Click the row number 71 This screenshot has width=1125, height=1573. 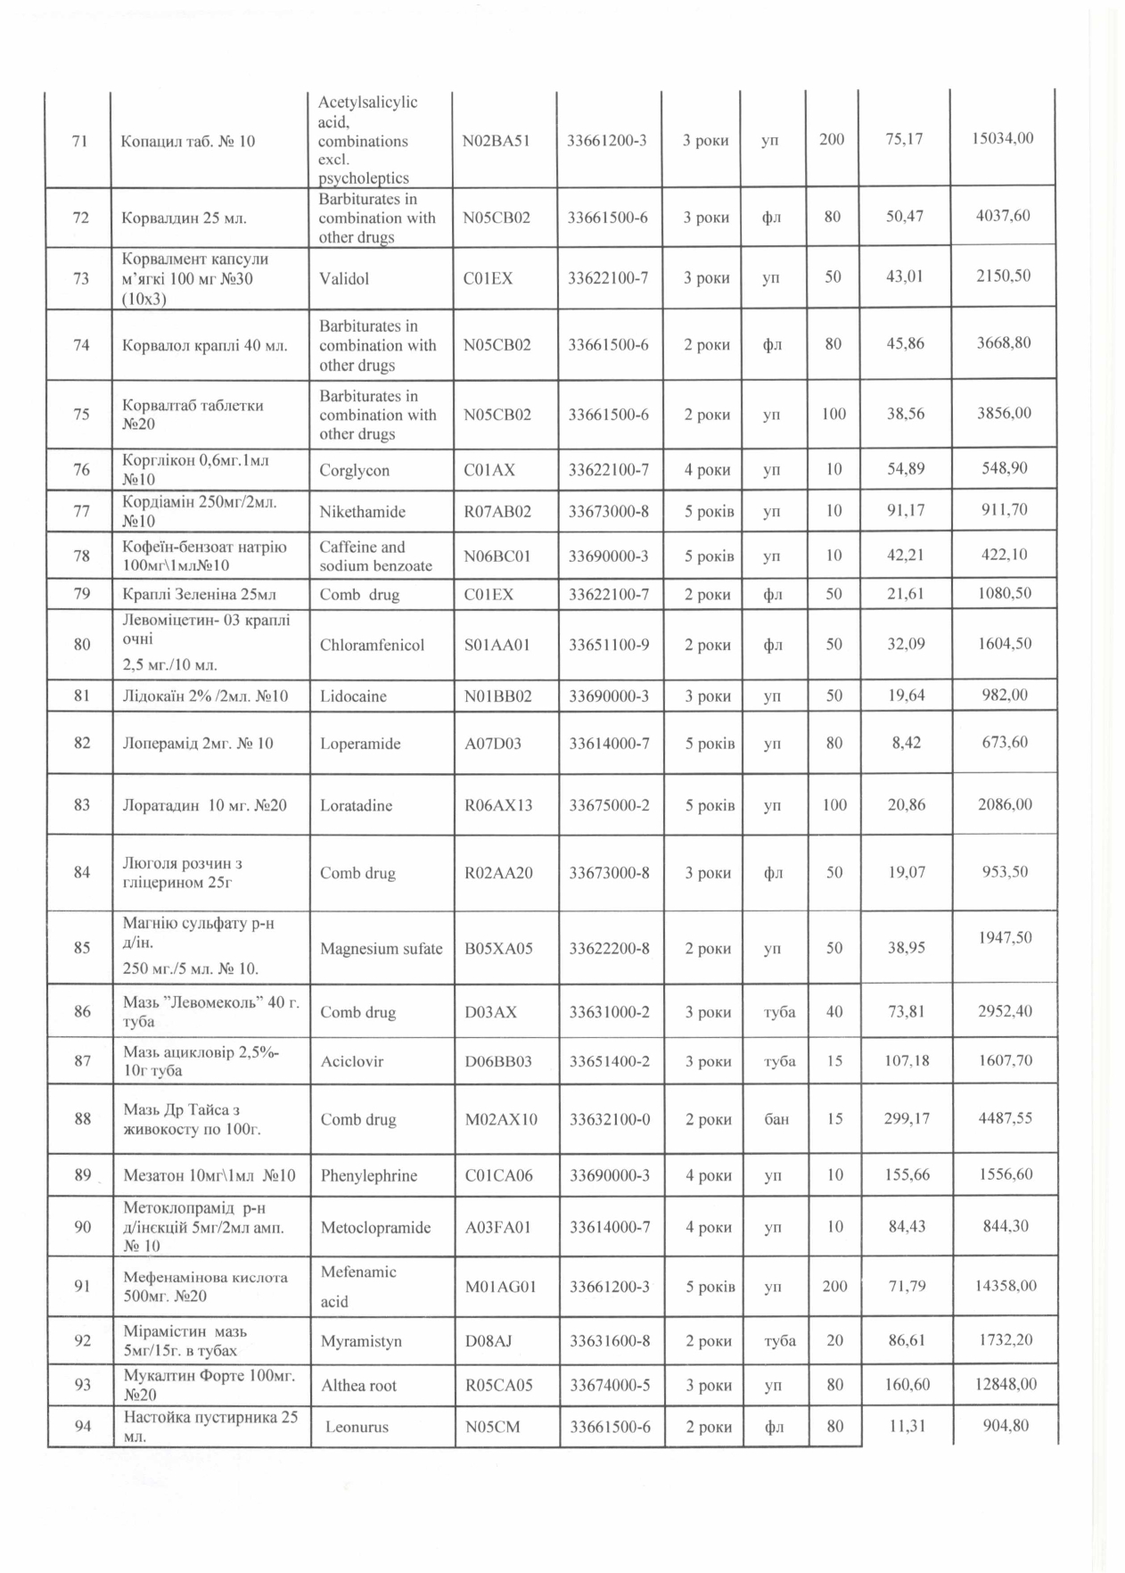click(x=78, y=141)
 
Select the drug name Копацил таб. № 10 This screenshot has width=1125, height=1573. click(x=188, y=141)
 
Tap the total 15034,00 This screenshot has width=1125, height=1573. click(x=1004, y=138)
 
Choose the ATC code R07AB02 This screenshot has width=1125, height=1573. click(x=497, y=512)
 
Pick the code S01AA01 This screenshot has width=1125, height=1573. click(x=497, y=645)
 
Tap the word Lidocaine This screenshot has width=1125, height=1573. click(x=353, y=696)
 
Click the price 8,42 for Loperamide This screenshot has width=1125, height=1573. click(x=907, y=742)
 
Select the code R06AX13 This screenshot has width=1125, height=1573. click(x=498, y=805)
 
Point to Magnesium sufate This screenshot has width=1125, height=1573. click(x=382, y=949)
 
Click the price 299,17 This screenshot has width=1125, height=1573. click(x=907, y=1118)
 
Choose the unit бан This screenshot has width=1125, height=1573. click(x=776, y=1118)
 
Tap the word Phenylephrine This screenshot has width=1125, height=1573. click(x=369, y=1175)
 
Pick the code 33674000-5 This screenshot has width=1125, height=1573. click(x=610, y=1386)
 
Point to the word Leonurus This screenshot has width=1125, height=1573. click(x=357, y=1428)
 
